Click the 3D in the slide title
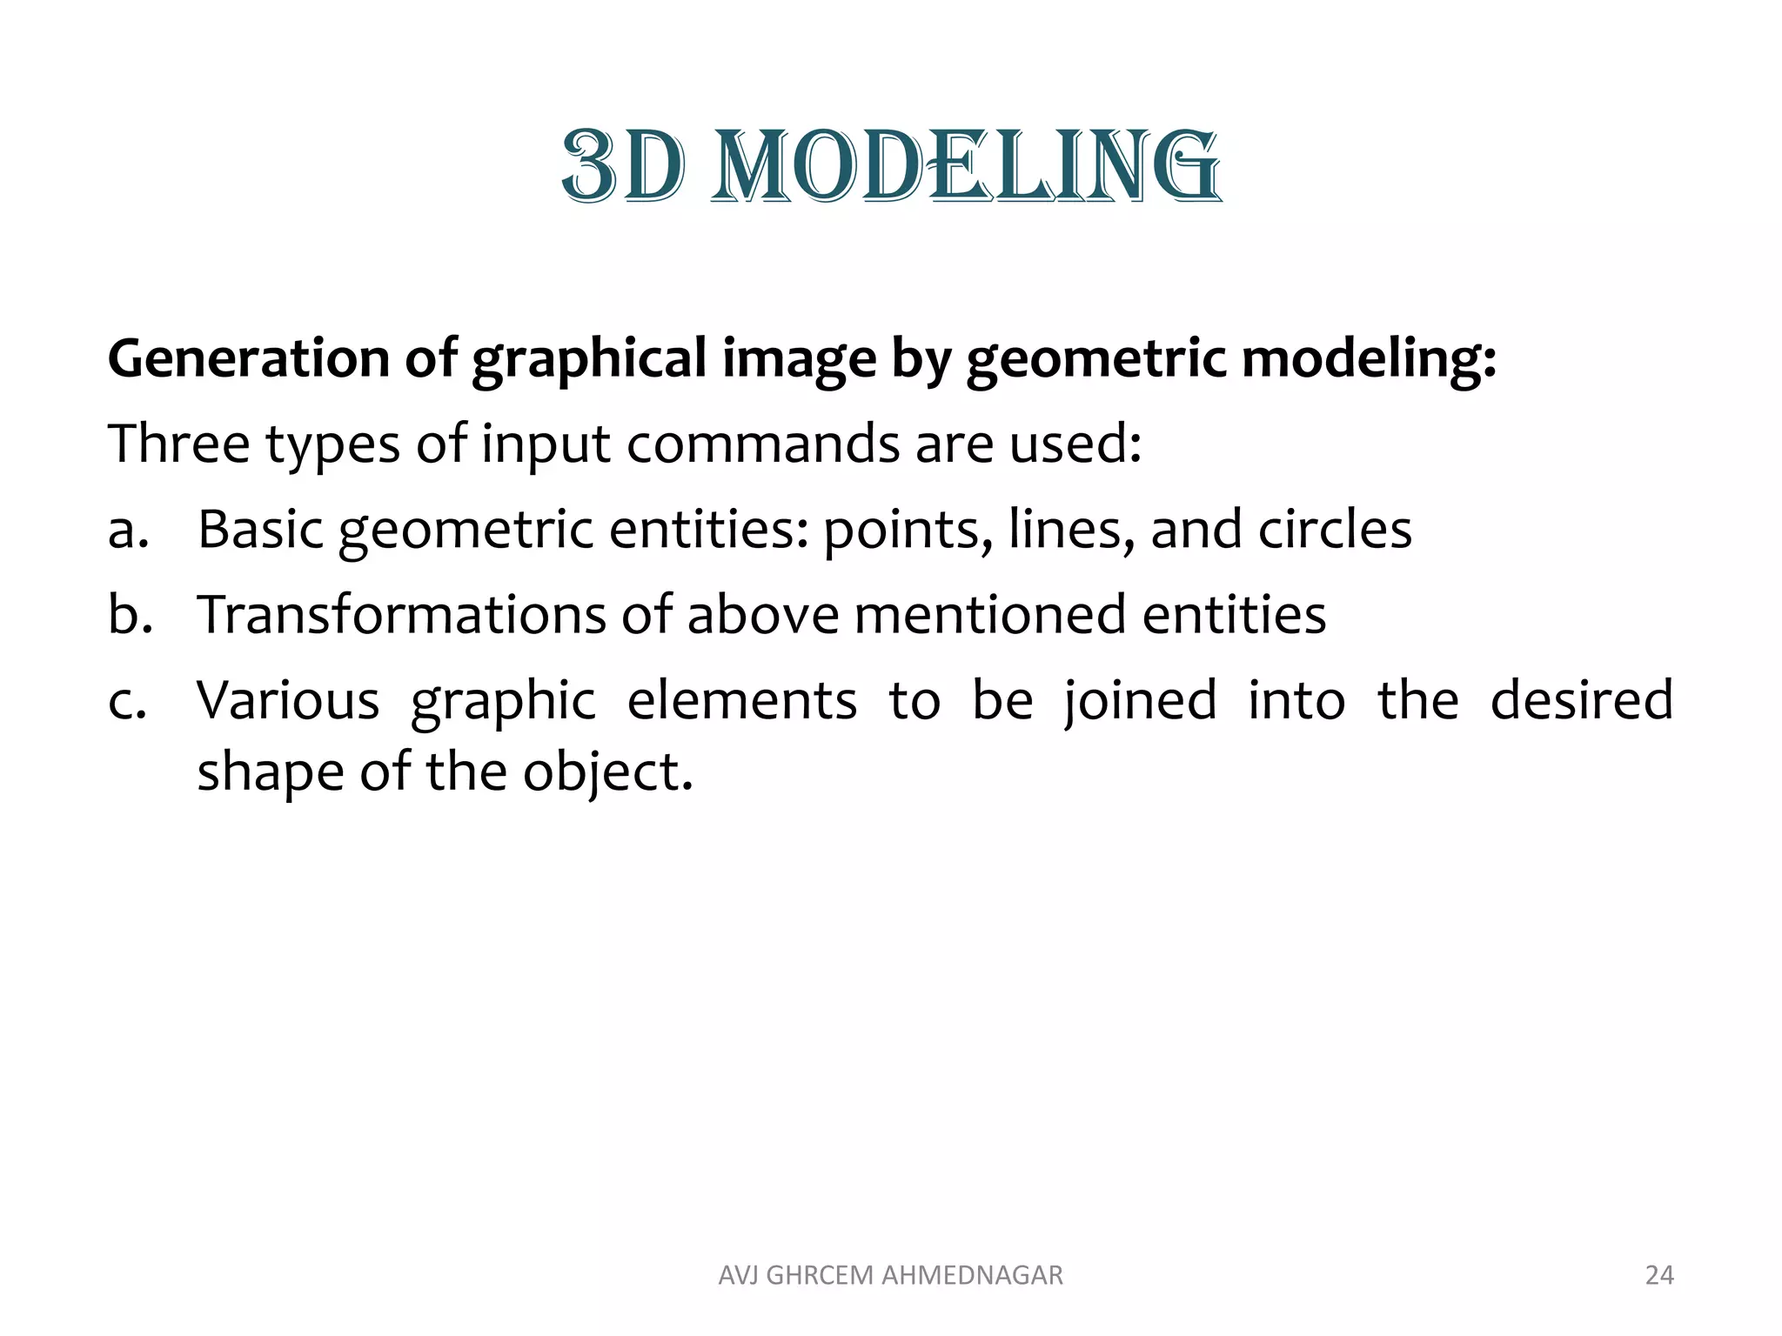pos(622,167)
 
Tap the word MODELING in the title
pos(966,167)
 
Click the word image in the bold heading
pos(799,360)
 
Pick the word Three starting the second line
pos(178,444)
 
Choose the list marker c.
pos(126,701)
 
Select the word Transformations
pos(401,614)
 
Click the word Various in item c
pos(288,699)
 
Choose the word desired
pos(1581,699)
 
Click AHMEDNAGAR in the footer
pos(972,1275)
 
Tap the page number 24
pos(1659,1275)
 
